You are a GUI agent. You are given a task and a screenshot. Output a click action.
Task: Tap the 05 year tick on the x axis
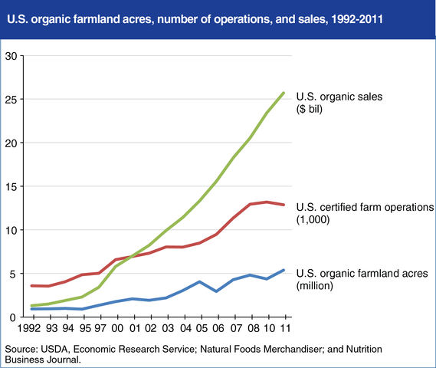(x=201, y=330)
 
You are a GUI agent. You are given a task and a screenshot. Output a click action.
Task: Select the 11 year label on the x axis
(x=285, y=330)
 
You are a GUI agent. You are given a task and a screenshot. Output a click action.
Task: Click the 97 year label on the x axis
(x=100, y=330)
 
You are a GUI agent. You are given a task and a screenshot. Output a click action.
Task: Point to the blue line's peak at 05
(x=201, y=281)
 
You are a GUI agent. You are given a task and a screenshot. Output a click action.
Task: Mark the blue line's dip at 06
(x=218, y=291)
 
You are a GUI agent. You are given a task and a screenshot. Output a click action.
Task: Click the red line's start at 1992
(x=31, y=285)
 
